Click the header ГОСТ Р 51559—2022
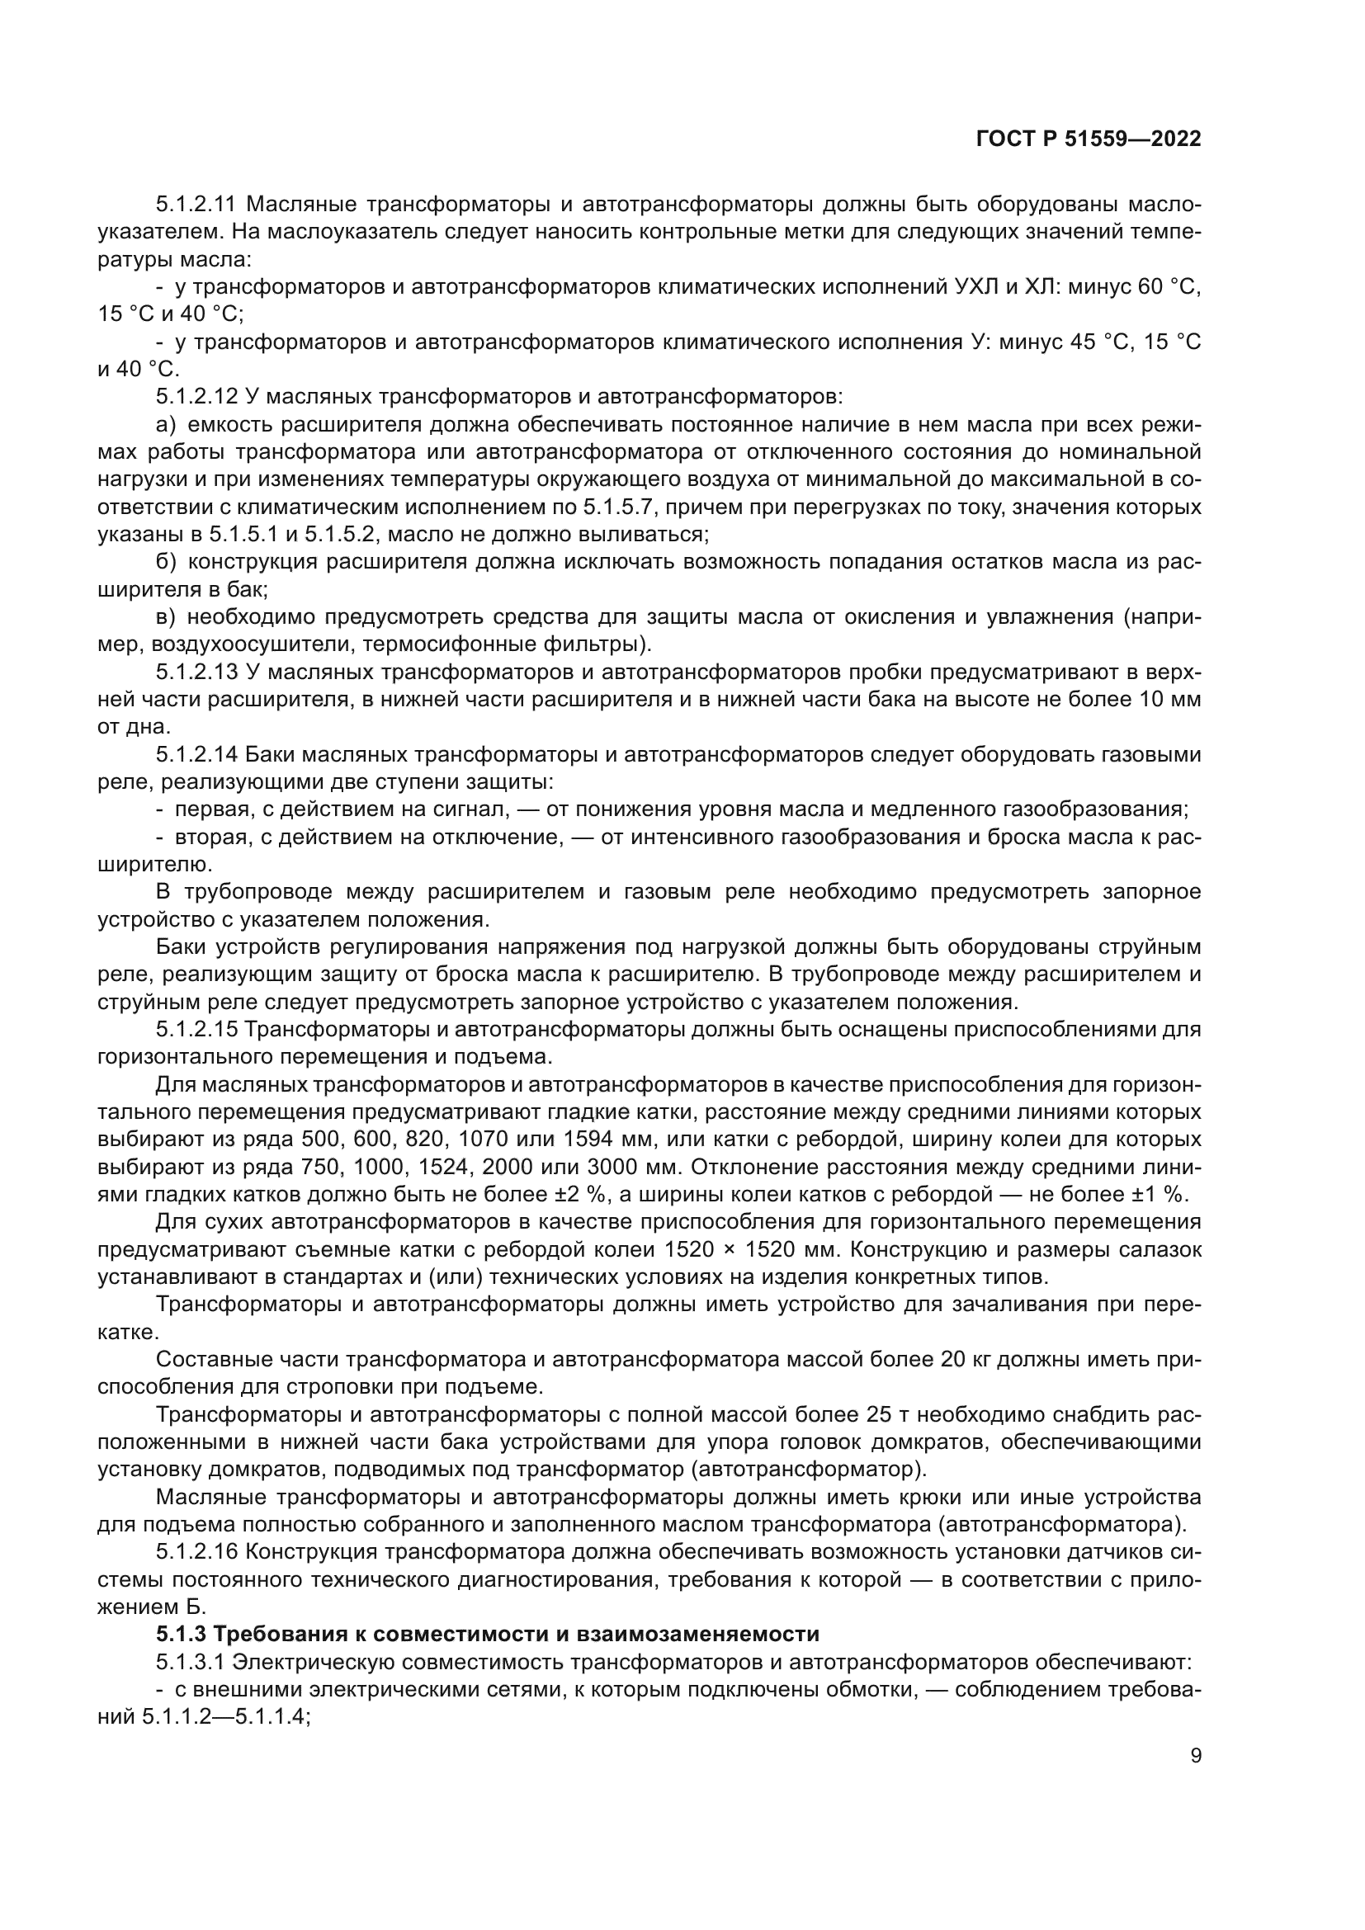pos(1089,139)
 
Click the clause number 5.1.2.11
pos(198,205)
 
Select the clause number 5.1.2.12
pos(198,396)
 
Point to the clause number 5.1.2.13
pos(198,672)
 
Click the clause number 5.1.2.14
pos(198,754)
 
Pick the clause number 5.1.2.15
pos(198,1030)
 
